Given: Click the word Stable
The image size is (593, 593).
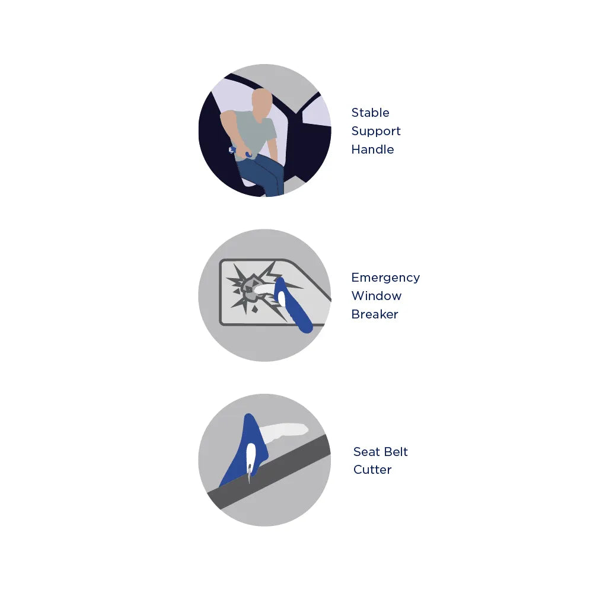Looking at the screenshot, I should coord(370,113).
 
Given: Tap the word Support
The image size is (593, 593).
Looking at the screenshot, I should coord(376,131).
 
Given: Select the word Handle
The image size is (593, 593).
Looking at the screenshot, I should coord(372,149).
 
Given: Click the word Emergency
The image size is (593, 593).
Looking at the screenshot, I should coord(385,278).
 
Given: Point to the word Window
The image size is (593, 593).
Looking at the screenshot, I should coord(376,296).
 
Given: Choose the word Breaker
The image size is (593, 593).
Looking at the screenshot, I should coord(374,314).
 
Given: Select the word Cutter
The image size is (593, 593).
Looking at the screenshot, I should coord(372,470).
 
